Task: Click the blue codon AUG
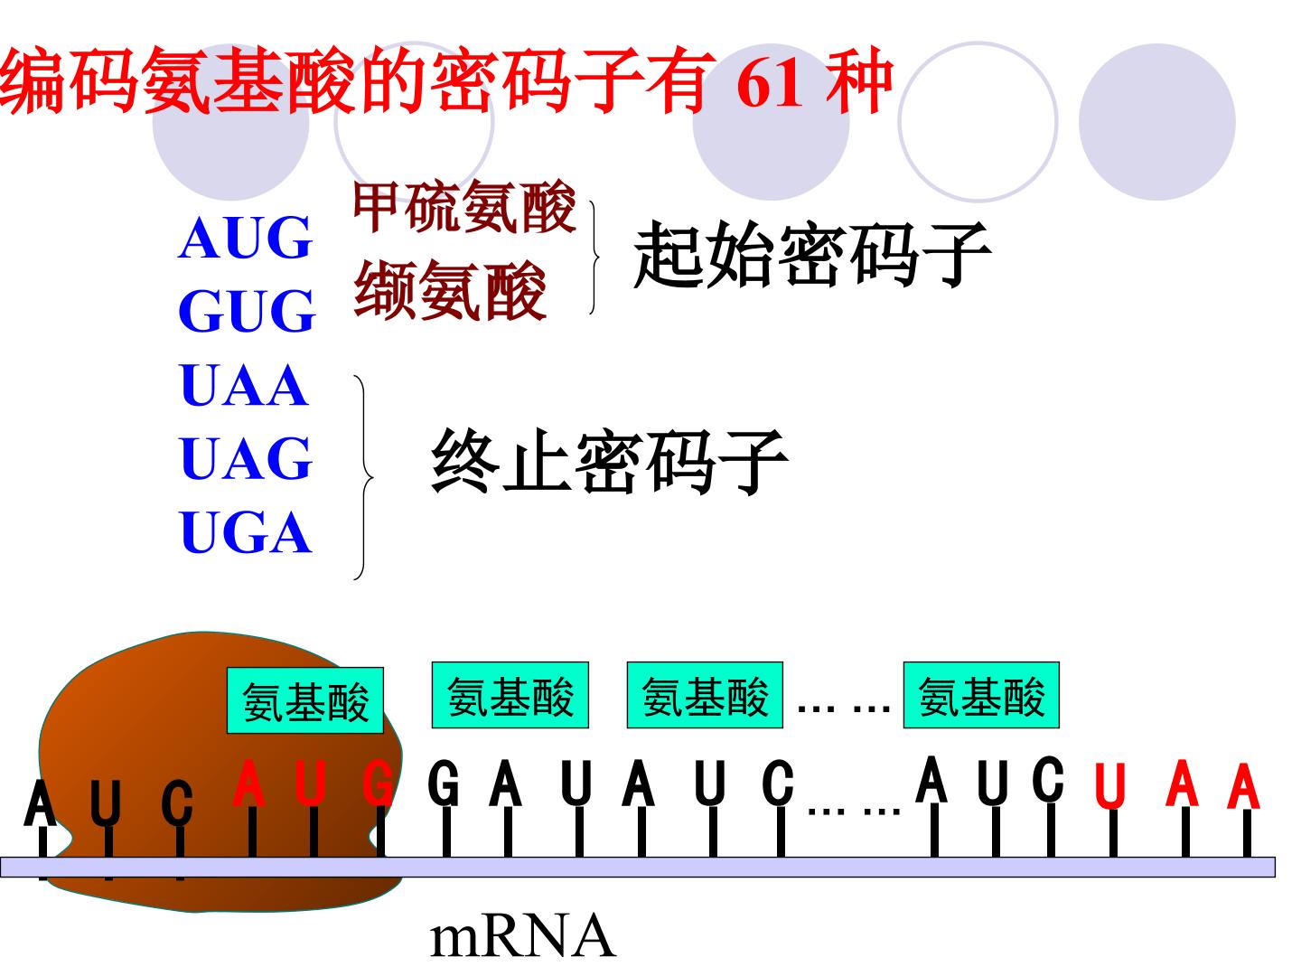[245, 238]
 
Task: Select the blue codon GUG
[247, 311]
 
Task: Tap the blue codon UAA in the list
[244, 385]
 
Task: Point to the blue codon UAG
[246, 458]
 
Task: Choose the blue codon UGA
[246, 531]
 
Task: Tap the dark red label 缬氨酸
[449, 290]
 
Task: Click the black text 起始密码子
[811, 255]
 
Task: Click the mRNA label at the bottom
[522, 937]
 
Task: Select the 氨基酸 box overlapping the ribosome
[305, 701]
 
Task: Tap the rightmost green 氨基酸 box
[981, 695]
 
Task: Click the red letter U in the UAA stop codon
[1109, 786]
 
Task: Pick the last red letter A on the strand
[1243, 785]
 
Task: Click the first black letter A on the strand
[40, 803]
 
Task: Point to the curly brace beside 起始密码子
[594, 258]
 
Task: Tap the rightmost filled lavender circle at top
[1157, 122]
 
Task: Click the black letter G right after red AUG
[444, 783]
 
